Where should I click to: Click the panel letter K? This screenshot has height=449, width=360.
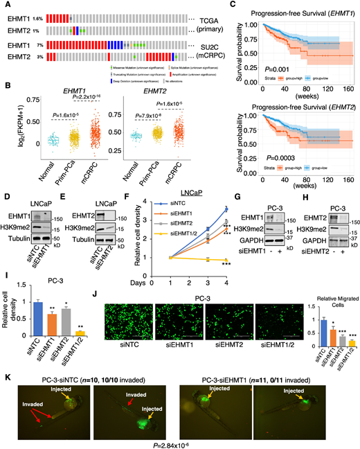click(6, 361)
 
